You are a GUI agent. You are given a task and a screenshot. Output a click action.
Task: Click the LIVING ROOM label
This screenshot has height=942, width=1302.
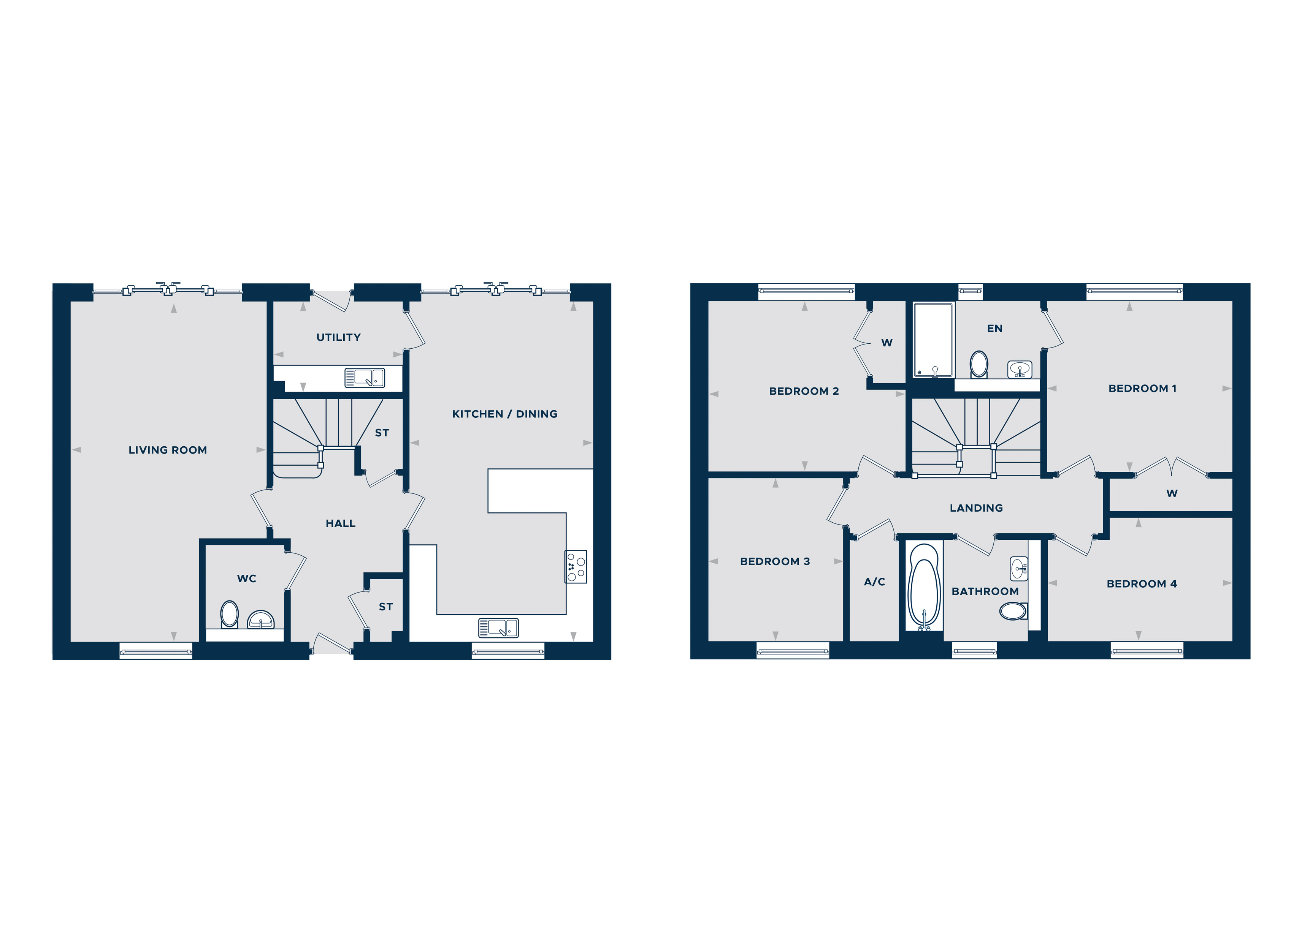point(168,450)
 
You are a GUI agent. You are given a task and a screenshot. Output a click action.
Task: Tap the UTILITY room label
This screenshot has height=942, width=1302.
point(339,337)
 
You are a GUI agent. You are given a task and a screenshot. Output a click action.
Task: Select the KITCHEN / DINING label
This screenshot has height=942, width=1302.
point(504,414)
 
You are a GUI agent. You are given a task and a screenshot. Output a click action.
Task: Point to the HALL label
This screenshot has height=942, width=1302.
point(341,523)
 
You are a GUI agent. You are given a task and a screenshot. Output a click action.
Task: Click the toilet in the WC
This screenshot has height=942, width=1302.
point(230,615)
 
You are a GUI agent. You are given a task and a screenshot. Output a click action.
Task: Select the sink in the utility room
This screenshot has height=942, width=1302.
point(365,378)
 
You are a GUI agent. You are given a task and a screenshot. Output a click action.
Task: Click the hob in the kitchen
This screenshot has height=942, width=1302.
point(576,567)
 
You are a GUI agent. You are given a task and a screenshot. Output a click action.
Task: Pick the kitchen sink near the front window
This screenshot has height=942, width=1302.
point(498,627)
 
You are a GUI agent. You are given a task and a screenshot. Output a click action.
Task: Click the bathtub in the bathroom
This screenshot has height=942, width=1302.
point(924,588)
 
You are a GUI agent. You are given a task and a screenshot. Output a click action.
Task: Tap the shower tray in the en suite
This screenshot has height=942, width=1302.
point(933,340)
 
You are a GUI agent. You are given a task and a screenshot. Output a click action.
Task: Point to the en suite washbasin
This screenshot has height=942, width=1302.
point(1020,370)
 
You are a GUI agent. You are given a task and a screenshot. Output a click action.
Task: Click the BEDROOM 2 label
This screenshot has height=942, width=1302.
point(804,391)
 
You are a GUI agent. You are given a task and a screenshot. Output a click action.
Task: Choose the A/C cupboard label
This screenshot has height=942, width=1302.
point(874,582)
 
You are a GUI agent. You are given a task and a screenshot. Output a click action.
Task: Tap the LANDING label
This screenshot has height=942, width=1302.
point(976,508)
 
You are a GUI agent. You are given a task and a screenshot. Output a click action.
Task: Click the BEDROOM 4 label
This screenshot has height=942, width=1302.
point(1141,584)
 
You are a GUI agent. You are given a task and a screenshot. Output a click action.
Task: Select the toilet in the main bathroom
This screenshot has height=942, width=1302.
point(1013,611)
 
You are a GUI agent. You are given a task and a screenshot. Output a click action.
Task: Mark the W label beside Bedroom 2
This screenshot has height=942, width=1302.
point(887,343)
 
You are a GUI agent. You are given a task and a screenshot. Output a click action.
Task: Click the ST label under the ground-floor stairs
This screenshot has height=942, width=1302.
point(382,433)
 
